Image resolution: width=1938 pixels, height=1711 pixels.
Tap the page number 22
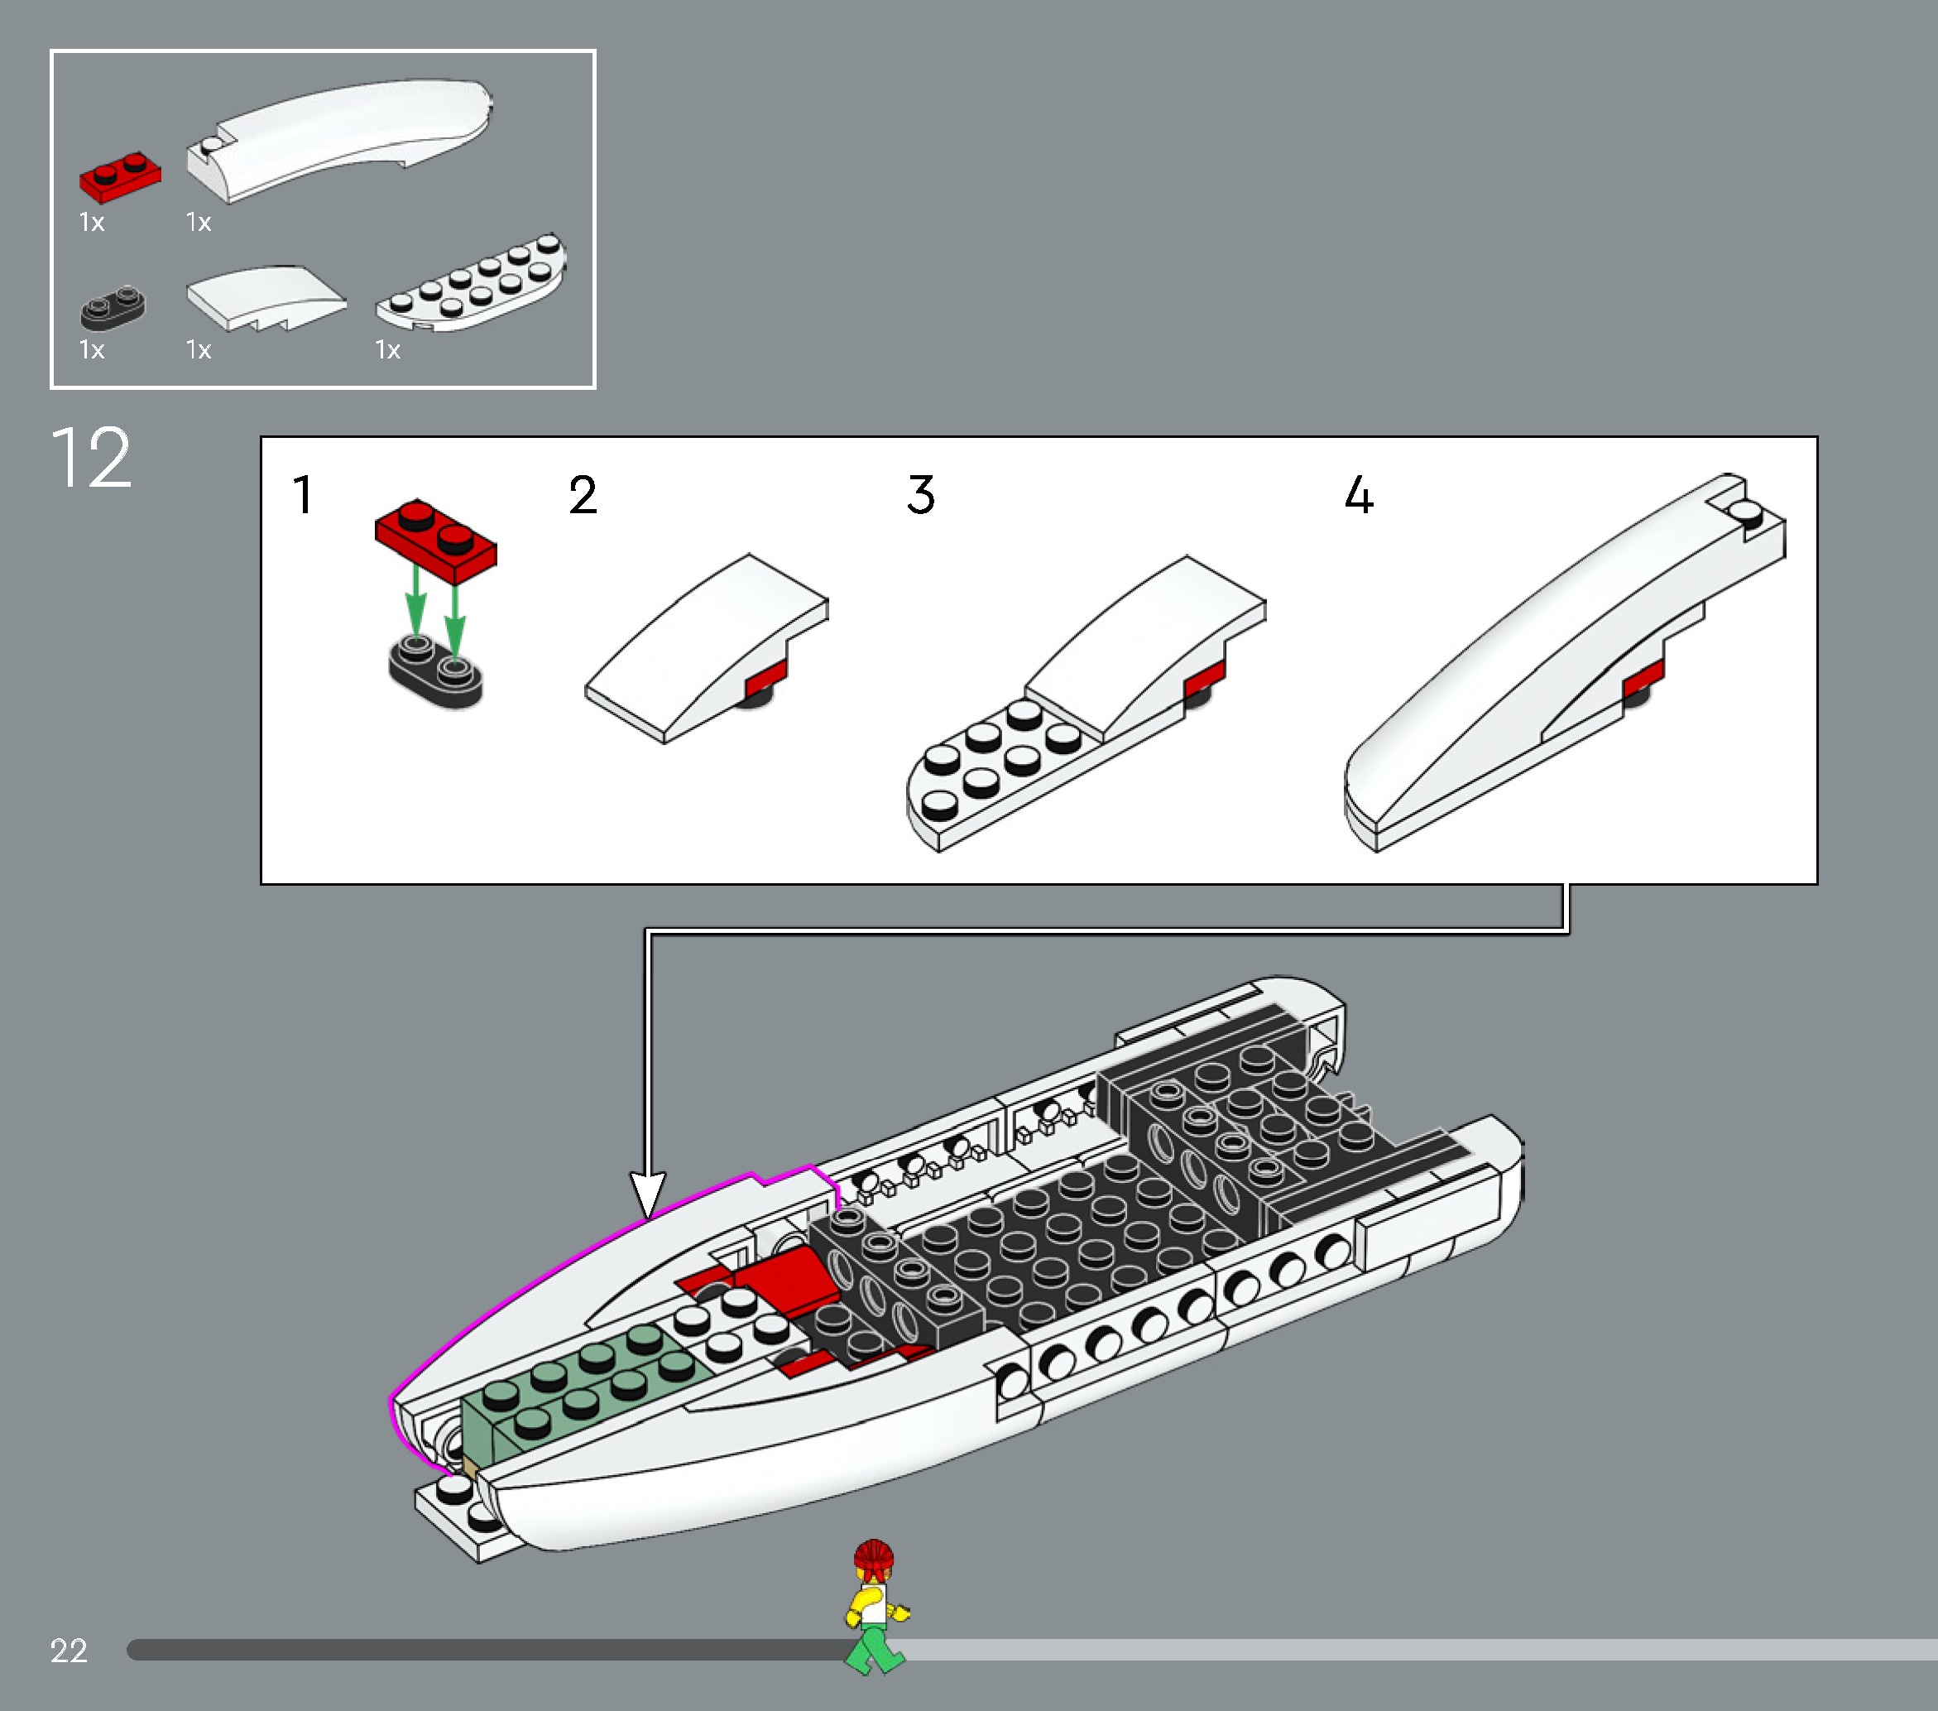pyautogui.click(x=68, y=1651)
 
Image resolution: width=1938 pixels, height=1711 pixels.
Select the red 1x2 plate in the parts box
pyautogui.click(x=119, y=176)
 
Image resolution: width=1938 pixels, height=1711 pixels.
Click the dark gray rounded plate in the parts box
pyautogui.click(x=113, y=307)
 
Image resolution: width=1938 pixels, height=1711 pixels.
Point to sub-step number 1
pyautogui.click(x=303, y=495)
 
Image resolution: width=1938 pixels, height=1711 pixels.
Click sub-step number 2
pyautogui.click(x=583, y=495)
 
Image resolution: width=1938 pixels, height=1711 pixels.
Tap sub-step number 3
pyautogui.click(x=919, y=495)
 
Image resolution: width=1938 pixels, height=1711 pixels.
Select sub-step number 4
pyautogui.click(x=1359, y=495)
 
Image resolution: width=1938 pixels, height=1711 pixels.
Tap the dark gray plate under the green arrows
pyautogui.click(x=435, y=672)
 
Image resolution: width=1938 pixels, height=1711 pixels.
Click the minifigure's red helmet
pyautogui.click(x=873, y=1556)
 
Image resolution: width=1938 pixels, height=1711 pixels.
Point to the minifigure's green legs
pyautogui.click(x=874, y=1646)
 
